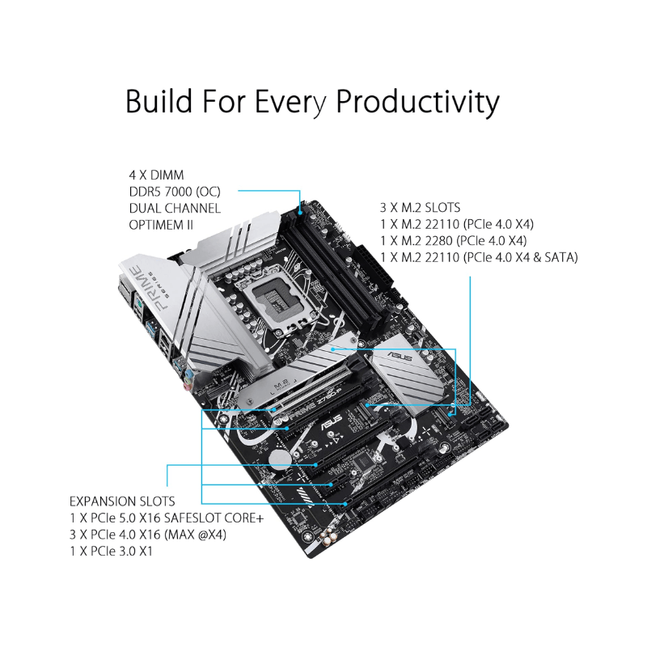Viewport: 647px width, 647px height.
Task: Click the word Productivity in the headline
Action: pyautogui.click(x=417, y=103)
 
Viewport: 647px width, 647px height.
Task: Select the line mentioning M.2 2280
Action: pyautogui.click(x=453, y=240)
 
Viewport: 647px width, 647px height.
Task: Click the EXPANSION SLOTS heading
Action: pyautogui.click(x=122, y=501)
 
